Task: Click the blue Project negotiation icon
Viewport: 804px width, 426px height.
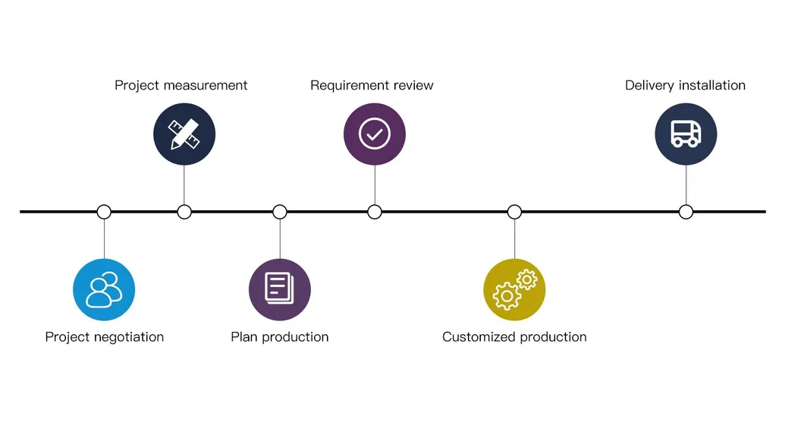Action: [x=104, y=290]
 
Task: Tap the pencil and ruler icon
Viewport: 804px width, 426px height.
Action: [x=184, y=134]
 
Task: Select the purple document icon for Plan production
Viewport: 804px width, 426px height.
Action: [x=280, y=289]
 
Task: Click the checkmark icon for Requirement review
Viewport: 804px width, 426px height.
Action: [x=375, y=134]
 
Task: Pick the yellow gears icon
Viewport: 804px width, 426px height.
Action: [x=514, y=289]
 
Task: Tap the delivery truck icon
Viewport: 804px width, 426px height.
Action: [x=686, y=134]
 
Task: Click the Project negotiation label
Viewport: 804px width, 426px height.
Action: [x=104, y=336]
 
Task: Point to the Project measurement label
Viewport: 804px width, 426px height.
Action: [x=181, y=85]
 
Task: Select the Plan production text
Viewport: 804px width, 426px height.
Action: [x=280, y=336]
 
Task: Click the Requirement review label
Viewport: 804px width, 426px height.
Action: [x=372, y=85]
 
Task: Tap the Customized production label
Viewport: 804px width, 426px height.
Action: [x=514, y=336]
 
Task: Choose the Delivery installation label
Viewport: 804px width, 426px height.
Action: [x=685, y=85]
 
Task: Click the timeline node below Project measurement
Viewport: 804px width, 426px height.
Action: [x=184, y=212]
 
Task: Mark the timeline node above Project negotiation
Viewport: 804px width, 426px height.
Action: [x=104, y=212]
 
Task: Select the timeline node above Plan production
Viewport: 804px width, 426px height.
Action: [x=280, y=212]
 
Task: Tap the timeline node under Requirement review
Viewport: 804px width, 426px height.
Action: [x=375, y=212]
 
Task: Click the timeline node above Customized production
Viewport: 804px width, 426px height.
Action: [x=514, y=212]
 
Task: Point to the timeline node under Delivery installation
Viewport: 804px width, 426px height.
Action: [x=686, y=212]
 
